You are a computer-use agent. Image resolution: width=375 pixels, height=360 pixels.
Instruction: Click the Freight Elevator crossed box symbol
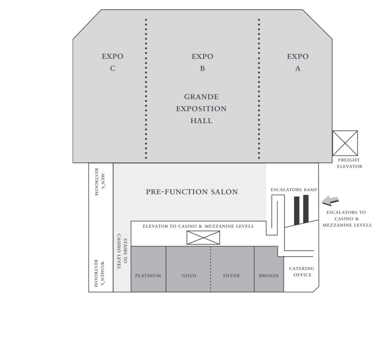(x=345, y=143)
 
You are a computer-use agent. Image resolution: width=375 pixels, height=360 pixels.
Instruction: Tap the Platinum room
(x=148, y=269)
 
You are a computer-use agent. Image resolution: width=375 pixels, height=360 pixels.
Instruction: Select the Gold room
(x=188, y=269)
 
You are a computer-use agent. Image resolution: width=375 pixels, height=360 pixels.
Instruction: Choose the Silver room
(x=232, y=269)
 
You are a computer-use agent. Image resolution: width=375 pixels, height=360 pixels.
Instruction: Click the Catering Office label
(x=302, y=272)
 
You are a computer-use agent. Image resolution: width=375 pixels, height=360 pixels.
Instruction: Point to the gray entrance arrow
(x=330, y=201)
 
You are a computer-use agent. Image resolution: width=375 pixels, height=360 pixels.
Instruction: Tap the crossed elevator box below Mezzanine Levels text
(x=203, y=238)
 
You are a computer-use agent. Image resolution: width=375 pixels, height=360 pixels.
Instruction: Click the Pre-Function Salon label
(x=192, y=192)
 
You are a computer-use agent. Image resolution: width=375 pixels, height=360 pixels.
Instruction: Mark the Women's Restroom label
(x=99, y=273)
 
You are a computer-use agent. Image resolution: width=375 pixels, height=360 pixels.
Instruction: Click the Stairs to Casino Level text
(x=122, y=251)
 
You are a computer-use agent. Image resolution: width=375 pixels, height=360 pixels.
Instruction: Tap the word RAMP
(x=311, y=190)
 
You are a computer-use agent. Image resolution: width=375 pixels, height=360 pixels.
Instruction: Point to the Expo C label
(x=112, y=62)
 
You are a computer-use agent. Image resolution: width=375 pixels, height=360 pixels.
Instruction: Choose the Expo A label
(x=298, y=62)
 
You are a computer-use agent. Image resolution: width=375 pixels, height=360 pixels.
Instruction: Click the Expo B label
(x=202, y=62)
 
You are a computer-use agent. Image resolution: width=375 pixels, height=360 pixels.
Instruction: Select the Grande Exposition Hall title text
(x=201, y=109)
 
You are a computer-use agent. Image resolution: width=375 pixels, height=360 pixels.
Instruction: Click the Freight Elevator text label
(x=349, y=163)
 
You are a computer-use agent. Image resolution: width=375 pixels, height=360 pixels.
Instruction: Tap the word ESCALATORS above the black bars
(x=286, y=190)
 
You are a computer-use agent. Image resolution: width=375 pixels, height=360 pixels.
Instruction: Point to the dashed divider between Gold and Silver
(x=211, y=269)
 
